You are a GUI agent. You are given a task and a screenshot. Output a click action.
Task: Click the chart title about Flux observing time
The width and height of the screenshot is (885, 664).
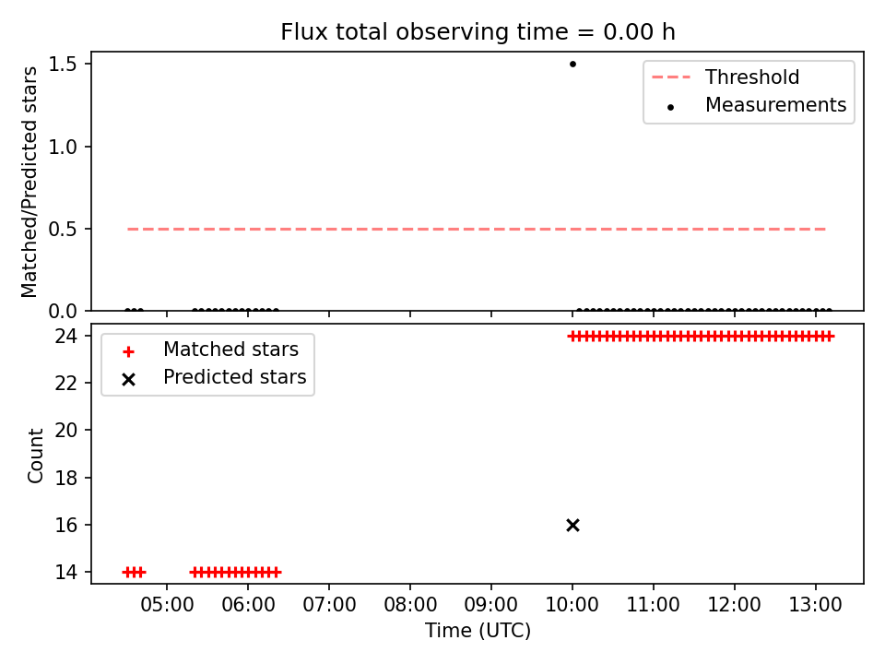[x=478, y=32]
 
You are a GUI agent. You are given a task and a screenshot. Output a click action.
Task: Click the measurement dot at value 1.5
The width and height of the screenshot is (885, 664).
[x=572, y=64]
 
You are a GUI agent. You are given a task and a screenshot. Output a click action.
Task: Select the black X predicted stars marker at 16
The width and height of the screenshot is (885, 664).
[x=572, y=525]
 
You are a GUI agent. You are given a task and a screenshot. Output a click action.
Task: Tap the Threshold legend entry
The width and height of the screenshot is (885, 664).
[x=726, y=77]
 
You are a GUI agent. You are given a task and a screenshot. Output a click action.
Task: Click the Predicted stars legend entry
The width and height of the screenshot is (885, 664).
[x=214, y=377]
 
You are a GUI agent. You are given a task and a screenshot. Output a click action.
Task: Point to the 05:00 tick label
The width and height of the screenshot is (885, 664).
[x=167, y=605]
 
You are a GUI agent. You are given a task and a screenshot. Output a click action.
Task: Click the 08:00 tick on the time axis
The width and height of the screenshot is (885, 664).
[x=409, y=605]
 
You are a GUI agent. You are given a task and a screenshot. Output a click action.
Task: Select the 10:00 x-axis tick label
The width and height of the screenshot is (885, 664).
[x=572, y=605]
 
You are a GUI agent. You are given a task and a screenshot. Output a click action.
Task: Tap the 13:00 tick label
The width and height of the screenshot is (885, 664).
[x=815, y=605]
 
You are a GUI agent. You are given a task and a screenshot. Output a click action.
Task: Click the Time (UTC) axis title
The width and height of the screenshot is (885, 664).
[x=478, y=630]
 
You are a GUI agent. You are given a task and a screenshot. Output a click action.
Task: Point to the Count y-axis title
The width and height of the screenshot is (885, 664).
[x=35, y=455]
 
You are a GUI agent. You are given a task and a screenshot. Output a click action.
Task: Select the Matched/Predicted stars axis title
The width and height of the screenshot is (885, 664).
[x=29, y=182]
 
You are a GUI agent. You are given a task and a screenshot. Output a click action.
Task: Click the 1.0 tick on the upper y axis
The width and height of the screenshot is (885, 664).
[x=62, y=147]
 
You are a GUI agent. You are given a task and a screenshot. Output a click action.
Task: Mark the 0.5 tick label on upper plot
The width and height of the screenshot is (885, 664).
[x=62, y=230]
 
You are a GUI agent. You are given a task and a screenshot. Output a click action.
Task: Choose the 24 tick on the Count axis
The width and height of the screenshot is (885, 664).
[x=65, y=337]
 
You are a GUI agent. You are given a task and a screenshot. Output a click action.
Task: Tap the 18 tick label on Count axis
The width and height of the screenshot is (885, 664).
[x=65, y=478]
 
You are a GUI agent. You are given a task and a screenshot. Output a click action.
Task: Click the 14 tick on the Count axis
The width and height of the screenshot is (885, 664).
[x=65, y=572]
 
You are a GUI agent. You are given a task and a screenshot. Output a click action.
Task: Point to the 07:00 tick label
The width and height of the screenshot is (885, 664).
[x=329, y=605]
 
